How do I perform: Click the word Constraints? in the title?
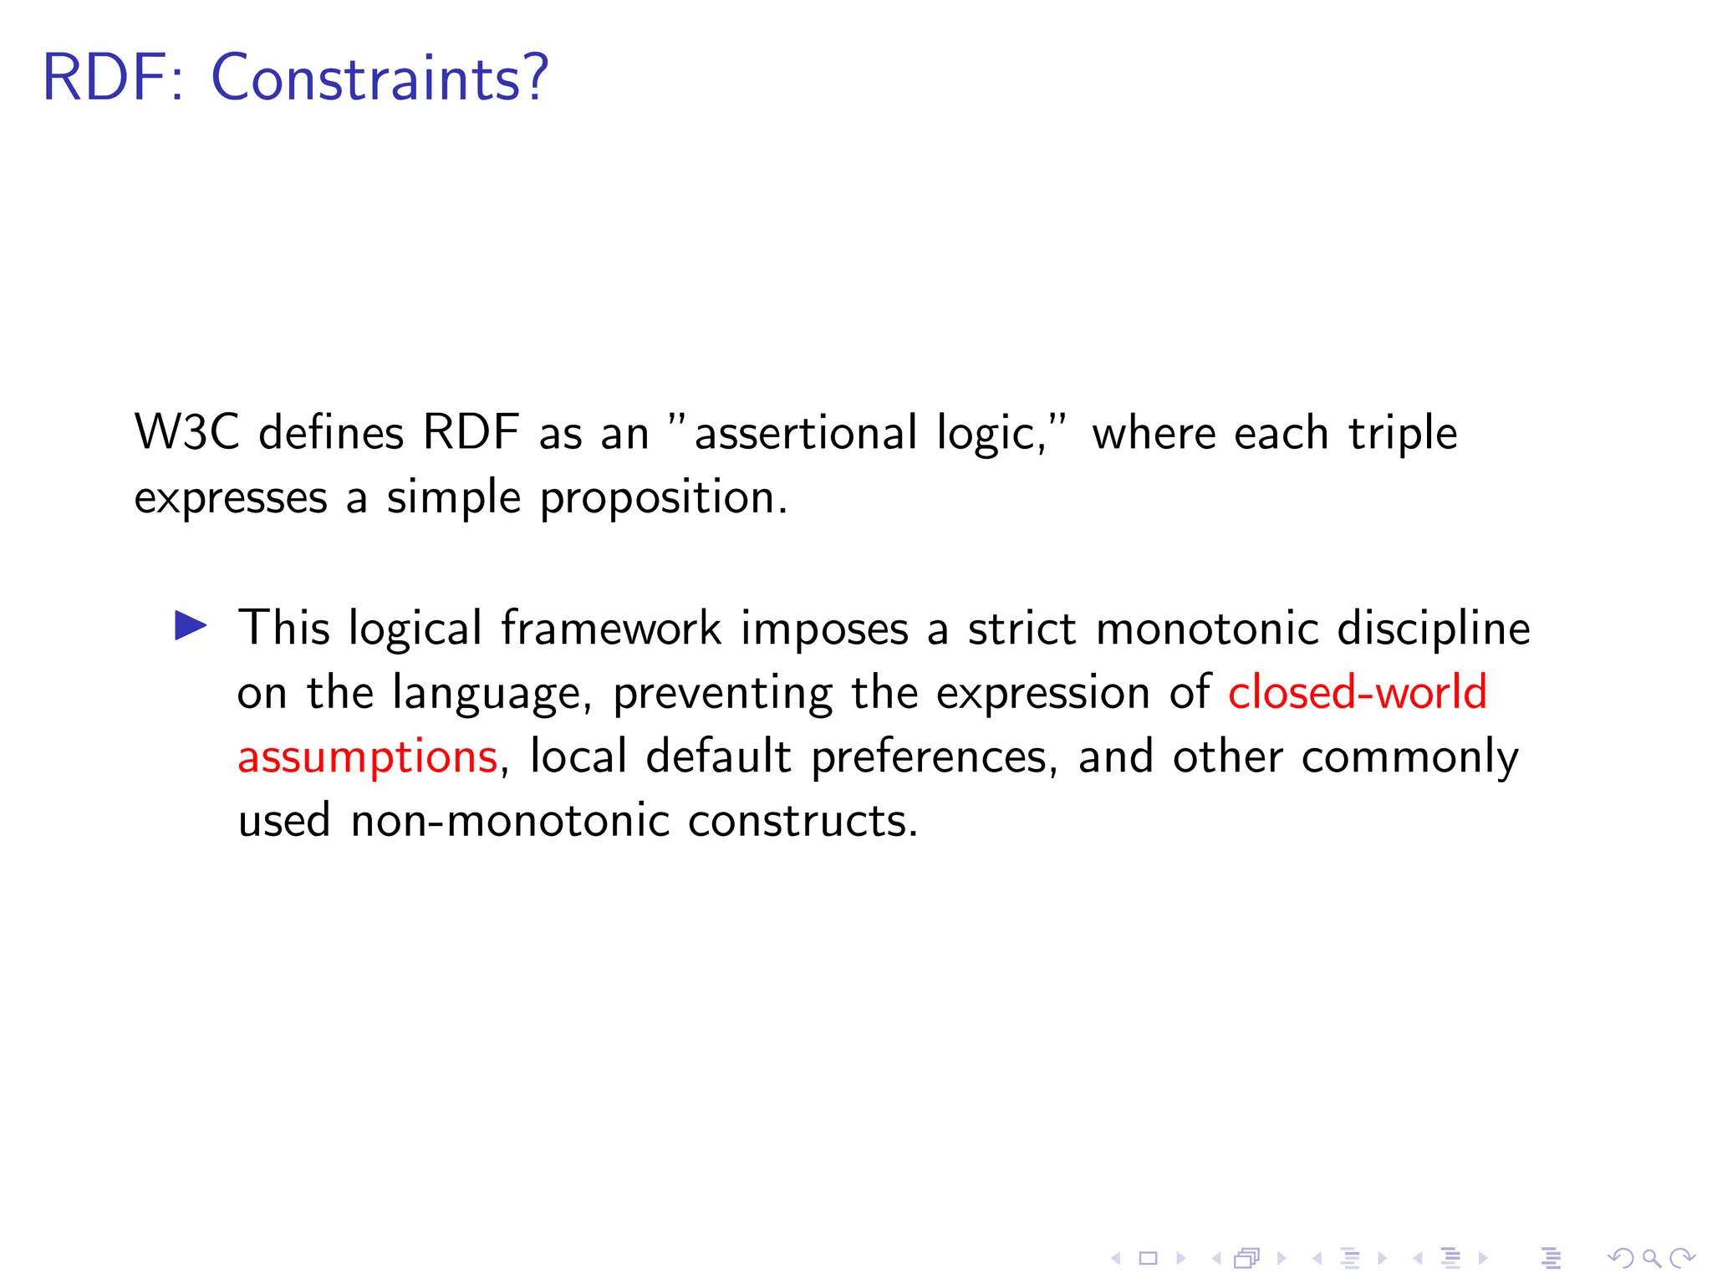[380, 78]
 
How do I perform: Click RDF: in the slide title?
[113, 78]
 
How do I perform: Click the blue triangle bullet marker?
[191, 626]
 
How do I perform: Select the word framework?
[611, 628]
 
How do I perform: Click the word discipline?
[1433, 629]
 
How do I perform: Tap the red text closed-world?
[1357, 692]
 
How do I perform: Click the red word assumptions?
[368, 757]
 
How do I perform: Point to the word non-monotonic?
[510, 821]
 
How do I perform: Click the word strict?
[1022, 628]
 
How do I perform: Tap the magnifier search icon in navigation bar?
[1651, 1258]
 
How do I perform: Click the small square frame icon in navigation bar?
[1149, 1258]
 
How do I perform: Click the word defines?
[331, 433]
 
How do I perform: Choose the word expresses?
[231, 499]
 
